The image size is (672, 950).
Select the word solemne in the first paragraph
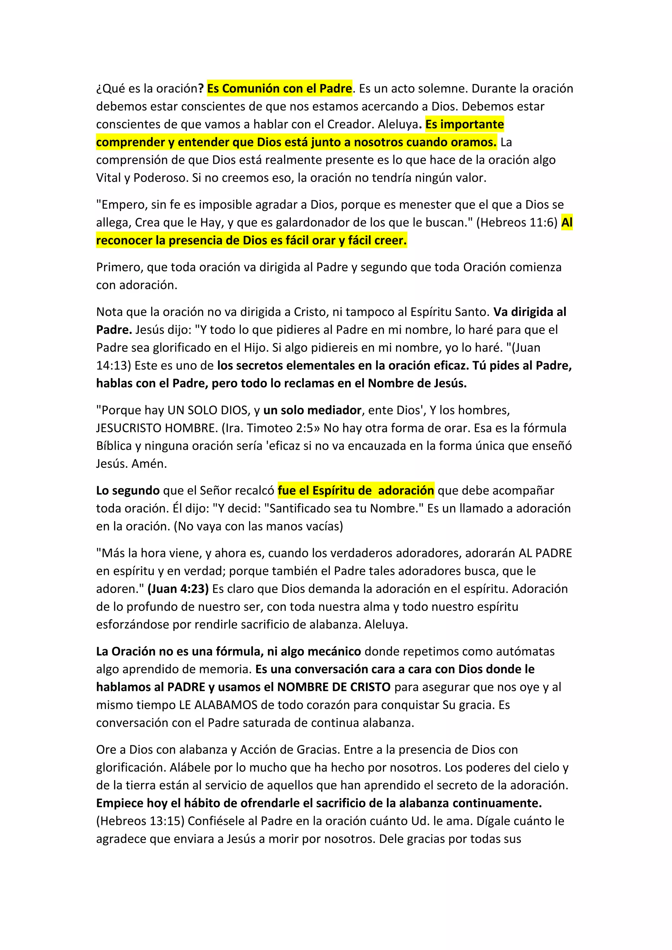pos(440,89)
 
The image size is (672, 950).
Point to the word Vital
pos(108,178)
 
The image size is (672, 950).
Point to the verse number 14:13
pos(111,366)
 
